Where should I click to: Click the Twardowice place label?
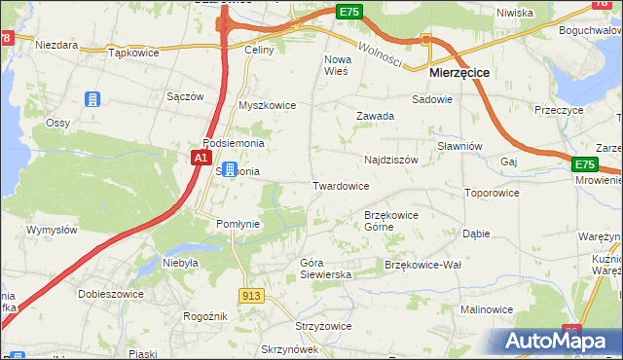[x=340, y=185]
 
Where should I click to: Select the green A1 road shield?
[x=201, y=157]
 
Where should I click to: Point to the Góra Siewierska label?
[x=325, y=269]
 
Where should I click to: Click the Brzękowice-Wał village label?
[x=422, y=265]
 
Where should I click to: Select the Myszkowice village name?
[x=267, y=105]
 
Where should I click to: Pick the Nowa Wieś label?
[x=336, y=64]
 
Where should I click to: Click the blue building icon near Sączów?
[x=92, y=99]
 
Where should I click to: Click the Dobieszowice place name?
[x=112, y=294]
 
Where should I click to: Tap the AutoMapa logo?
[x=556, y=341]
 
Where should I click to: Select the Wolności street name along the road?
[x=380, y=54]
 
